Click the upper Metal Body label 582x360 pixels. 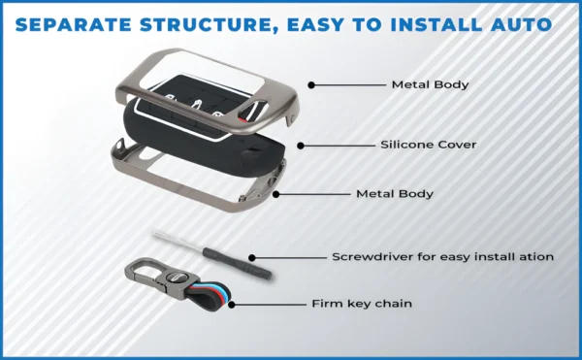click(430, 84)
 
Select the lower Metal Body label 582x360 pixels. click(394, 194)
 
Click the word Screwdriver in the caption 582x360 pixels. click(370, 257)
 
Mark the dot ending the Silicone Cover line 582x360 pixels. click(302, 146)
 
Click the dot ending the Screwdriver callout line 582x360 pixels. click(252, 258)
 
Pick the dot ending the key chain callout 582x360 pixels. click(229, 304)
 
